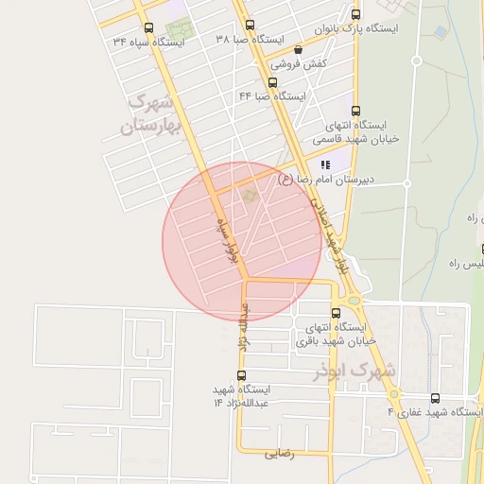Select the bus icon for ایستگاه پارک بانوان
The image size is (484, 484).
355,14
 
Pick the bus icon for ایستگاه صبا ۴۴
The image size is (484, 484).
274,81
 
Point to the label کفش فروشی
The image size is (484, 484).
299,64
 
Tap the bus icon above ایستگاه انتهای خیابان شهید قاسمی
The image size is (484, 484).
355,111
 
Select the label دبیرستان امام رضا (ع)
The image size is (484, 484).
319,179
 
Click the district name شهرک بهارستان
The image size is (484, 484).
151,112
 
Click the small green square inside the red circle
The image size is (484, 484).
250,196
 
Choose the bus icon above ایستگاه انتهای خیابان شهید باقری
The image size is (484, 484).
336,314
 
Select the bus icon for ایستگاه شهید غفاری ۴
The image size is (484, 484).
435,398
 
